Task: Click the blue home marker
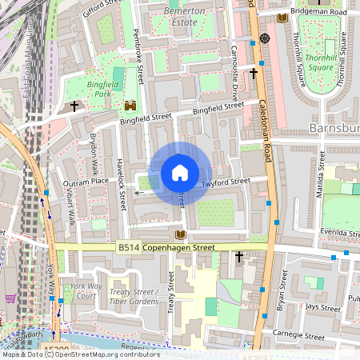[180, 172]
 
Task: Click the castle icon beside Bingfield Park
[130, 105]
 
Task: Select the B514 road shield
[128, 248]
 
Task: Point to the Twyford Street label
[226, 182]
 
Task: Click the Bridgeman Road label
[318, 13]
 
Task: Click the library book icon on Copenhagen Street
[180, 234]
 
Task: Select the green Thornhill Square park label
[321, 62]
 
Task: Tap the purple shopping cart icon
[10, 298]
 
